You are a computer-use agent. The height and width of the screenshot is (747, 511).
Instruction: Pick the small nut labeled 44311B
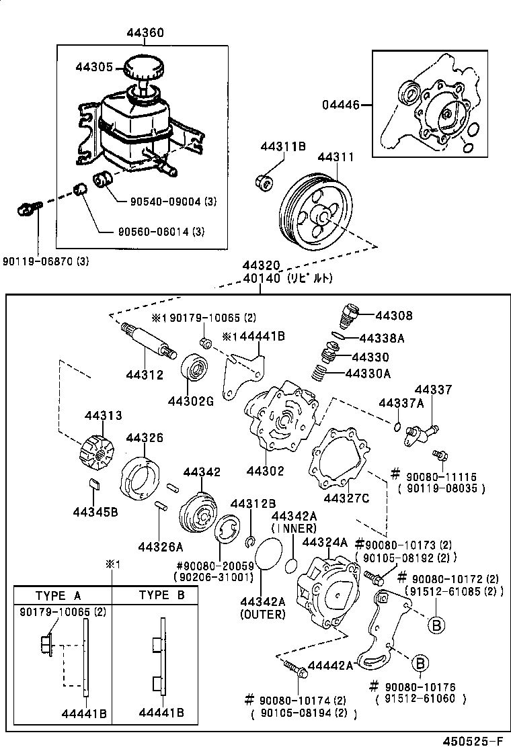pos(264,182)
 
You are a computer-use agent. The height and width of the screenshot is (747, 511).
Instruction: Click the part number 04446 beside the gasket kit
pos(340,105)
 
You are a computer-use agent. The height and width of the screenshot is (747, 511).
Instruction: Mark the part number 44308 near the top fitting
pos(394,316)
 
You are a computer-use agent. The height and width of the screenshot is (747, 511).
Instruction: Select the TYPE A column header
pos(58,595)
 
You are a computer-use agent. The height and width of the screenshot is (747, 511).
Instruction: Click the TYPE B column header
pos(161,595)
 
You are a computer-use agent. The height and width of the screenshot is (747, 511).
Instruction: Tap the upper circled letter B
pos(436,624)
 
